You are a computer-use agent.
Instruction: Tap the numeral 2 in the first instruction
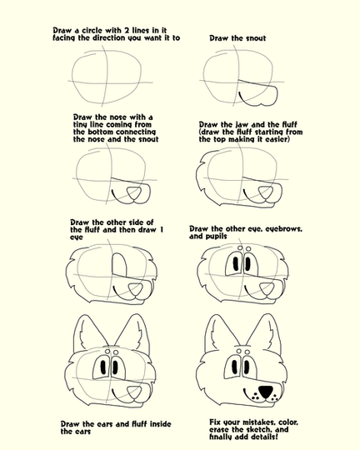pos(127,31)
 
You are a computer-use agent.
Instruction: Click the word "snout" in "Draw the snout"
pos(254,38)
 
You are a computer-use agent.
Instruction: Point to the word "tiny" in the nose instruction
pos(81,125)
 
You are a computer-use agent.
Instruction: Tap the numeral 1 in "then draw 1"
pos(161,230)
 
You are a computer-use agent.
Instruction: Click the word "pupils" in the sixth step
pos(216,237)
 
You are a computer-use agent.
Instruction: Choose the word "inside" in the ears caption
pos(160,424)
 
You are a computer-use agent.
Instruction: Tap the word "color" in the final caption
pos(288,422)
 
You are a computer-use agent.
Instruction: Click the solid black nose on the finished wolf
pos(266,392)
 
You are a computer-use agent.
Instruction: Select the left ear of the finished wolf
pos(222,332)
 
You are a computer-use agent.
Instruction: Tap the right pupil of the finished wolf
pos(247,367)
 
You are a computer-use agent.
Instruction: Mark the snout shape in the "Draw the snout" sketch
pos(258,93)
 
